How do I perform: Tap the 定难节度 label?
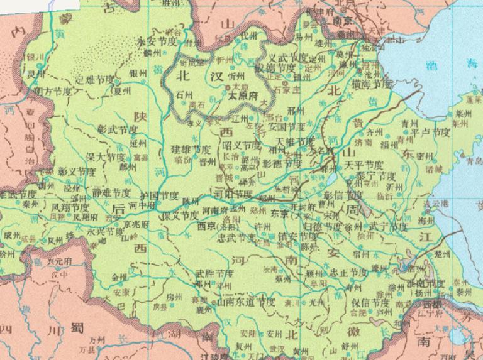95,80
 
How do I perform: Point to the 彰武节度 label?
118,129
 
